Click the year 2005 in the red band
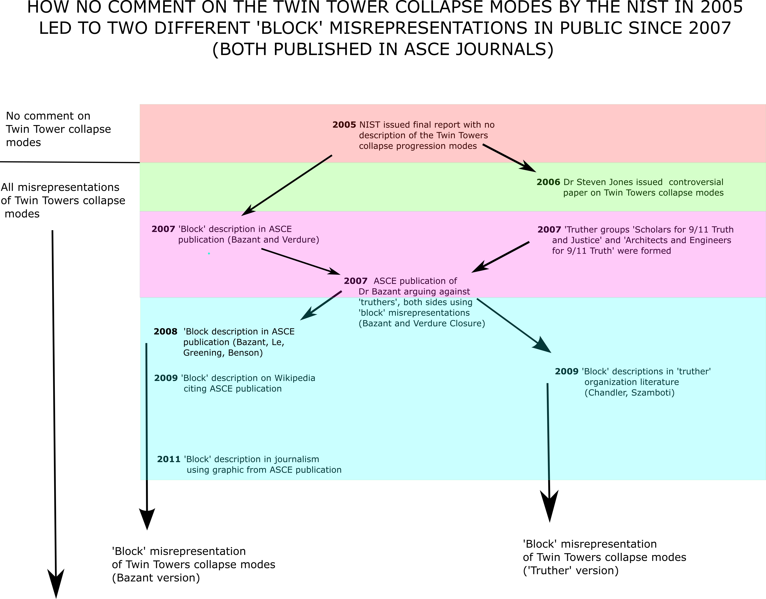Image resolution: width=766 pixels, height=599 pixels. pyautogui.click(x=344, y=125)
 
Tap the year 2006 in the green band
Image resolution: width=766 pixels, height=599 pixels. pyautogui.click(x=548, y=182)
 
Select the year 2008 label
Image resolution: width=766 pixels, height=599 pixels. pyautogui.click(x=165, y=332)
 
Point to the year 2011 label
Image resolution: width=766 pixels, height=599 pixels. pyautogui.click(x=169, y=459)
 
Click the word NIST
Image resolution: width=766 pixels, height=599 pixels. pyautogui.click(x=370, y=125)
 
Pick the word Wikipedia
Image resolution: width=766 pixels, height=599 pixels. pyautogui.click(x=295, y=378)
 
